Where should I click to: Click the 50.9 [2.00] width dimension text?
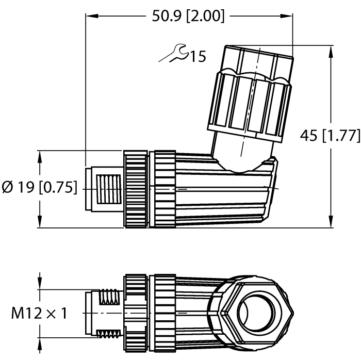(188, 16)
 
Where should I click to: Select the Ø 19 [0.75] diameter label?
(39, 188)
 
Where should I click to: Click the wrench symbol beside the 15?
(172, 54)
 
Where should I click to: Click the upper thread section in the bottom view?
(110, 296)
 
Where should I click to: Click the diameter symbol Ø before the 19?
(8, 188)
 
